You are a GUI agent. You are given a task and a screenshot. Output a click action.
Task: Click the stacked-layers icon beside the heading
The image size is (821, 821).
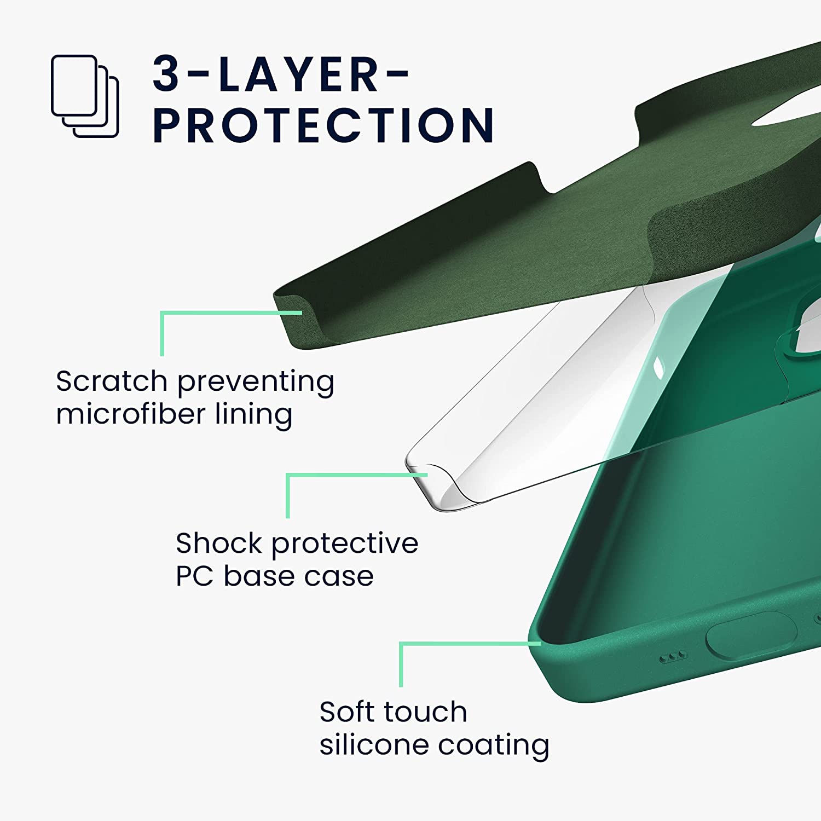[85, 96]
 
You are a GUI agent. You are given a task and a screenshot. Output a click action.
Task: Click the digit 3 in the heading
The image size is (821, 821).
[166, 74]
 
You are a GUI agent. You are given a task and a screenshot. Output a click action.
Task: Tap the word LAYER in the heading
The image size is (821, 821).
[299, 74]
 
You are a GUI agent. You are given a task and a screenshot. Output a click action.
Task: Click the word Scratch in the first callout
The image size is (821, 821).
[112, 381]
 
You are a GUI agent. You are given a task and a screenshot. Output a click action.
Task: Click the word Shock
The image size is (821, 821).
[219, 543]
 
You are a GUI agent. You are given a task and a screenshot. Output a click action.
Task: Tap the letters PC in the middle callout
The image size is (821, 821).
[194, 576]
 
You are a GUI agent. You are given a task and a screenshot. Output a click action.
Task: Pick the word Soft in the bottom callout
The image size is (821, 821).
[349, 712]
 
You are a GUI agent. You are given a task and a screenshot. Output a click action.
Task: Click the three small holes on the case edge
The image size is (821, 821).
[672, 657]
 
